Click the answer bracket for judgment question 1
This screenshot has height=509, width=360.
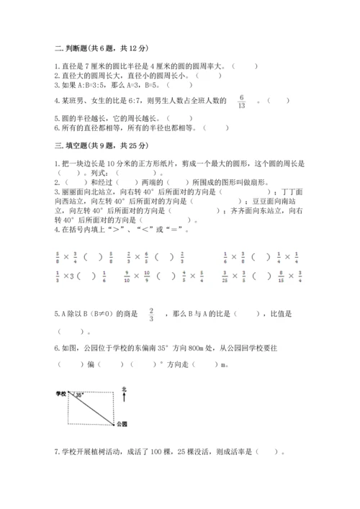pyautogui.click(x=246, y=65)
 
